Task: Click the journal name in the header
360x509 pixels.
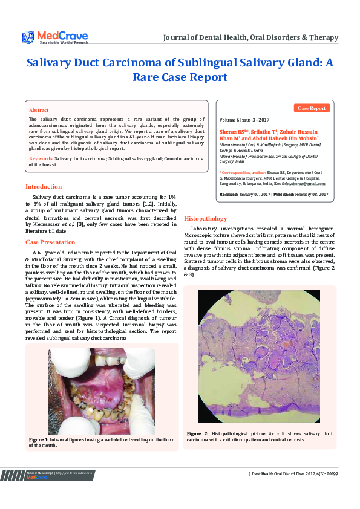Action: (250, 37)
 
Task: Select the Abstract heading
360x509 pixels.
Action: (39, 111)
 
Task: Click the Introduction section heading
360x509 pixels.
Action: (43, 187)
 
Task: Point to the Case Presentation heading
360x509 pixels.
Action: (50, 242)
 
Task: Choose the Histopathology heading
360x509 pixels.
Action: (205, 218)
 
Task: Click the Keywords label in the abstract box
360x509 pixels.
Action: (41, 158)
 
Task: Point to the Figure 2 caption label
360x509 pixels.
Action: (197, 434)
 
